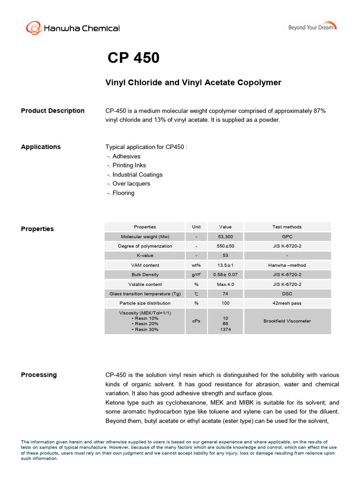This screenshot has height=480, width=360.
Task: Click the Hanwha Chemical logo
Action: pyautogui.click(x=73, y=28)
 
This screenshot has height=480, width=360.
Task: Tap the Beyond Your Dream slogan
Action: pyautogui.click(x=312, y=27)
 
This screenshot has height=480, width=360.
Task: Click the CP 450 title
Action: pyautogui.click(x=134, y=58)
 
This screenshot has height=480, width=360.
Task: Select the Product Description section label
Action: pyautogui.click(x=52, y=111)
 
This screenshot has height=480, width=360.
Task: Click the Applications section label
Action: pyautogui.click(x=41, y=147)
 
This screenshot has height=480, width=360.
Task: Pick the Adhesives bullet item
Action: pyautogui.click(x=126, y=156)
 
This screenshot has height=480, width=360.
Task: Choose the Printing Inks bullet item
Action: pyautogui.click(x=129, y=165)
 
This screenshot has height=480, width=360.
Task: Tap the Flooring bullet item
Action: pyautogui.click(x=123, y=193)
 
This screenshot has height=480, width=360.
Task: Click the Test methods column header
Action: pyautogui.click(x=287, y=227)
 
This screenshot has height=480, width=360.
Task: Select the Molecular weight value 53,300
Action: pyautogui.click(x=225, y=237)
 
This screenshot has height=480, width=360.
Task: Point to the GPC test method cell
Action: pyautogui.click(x=287, y=237)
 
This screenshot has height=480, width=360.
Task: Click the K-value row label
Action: pyautogui.click(x=145, y=255)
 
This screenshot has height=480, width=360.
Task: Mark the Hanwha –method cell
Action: pyautogui.click(x=287, y=265)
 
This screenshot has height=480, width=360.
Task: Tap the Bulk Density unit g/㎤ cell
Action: pyautogui.click(x=196, y=275)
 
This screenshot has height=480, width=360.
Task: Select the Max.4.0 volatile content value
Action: pyautogui.click(x=225, y=284)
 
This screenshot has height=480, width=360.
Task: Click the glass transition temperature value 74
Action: pyautogui.click(x=225, y=294)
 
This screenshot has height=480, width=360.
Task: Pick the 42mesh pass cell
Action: pyautogui.click(x=287, y=303)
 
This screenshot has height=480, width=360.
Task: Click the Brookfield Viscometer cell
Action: pyautogui.click(x=287, y=321)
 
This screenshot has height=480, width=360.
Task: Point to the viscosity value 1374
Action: pyautogui.click(x=225, y=330)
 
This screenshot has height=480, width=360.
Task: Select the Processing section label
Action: pyautogui.click(x=38, y=375)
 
